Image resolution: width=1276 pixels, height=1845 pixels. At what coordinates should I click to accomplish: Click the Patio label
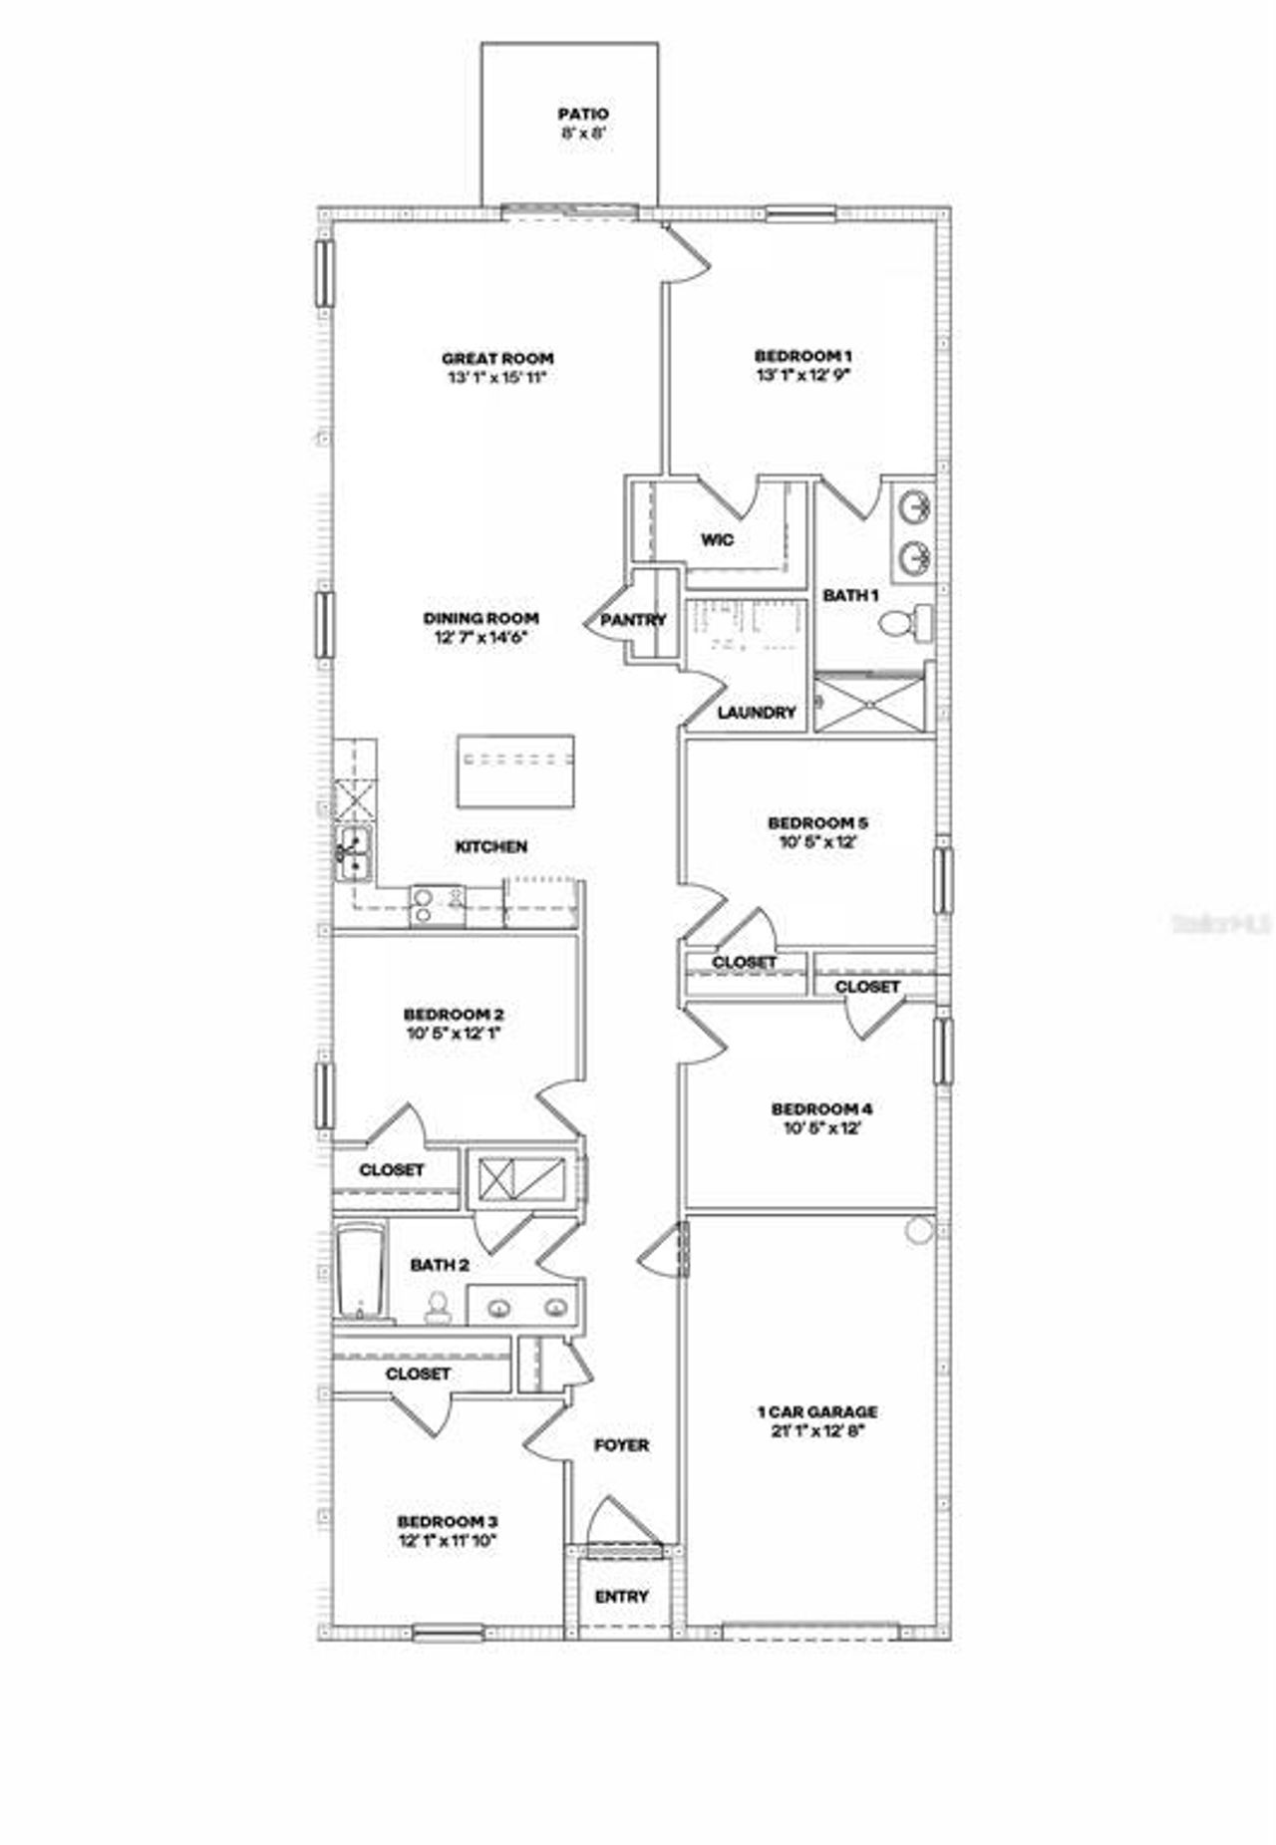[582, 115]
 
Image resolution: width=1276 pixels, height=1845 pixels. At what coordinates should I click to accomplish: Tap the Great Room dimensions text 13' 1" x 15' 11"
[497, 378]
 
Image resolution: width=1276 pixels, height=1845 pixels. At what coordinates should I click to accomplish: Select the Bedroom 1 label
[802, 356]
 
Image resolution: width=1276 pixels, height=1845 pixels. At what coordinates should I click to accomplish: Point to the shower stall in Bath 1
[868, 704]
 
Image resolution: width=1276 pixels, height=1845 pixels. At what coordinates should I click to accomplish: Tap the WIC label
[717, 540]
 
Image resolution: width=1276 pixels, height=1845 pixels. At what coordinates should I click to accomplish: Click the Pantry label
[633, 620]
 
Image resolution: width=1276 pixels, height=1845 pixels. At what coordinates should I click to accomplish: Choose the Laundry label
[757, 713]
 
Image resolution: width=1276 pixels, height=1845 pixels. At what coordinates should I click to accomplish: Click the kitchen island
[515, 770]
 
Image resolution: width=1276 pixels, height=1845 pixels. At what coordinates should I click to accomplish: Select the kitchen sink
[353, 854]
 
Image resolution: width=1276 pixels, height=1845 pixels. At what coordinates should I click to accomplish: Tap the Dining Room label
[480, 618]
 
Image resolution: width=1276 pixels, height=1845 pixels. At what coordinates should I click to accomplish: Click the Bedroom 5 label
[817, 823]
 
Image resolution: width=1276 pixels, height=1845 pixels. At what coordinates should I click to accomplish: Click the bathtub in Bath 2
[357, 1271]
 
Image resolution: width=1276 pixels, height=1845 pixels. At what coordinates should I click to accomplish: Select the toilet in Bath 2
[437, 1307]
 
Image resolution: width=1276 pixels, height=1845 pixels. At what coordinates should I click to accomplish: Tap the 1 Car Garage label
[817, 1411]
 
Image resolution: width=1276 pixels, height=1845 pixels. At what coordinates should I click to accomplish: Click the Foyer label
[621, 1444]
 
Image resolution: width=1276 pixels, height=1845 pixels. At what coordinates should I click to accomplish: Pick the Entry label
[621, 1596]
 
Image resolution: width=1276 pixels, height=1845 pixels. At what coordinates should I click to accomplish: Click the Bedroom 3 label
[447, 1521]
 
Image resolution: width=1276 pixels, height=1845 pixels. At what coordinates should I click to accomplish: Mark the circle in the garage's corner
[919, 1230]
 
